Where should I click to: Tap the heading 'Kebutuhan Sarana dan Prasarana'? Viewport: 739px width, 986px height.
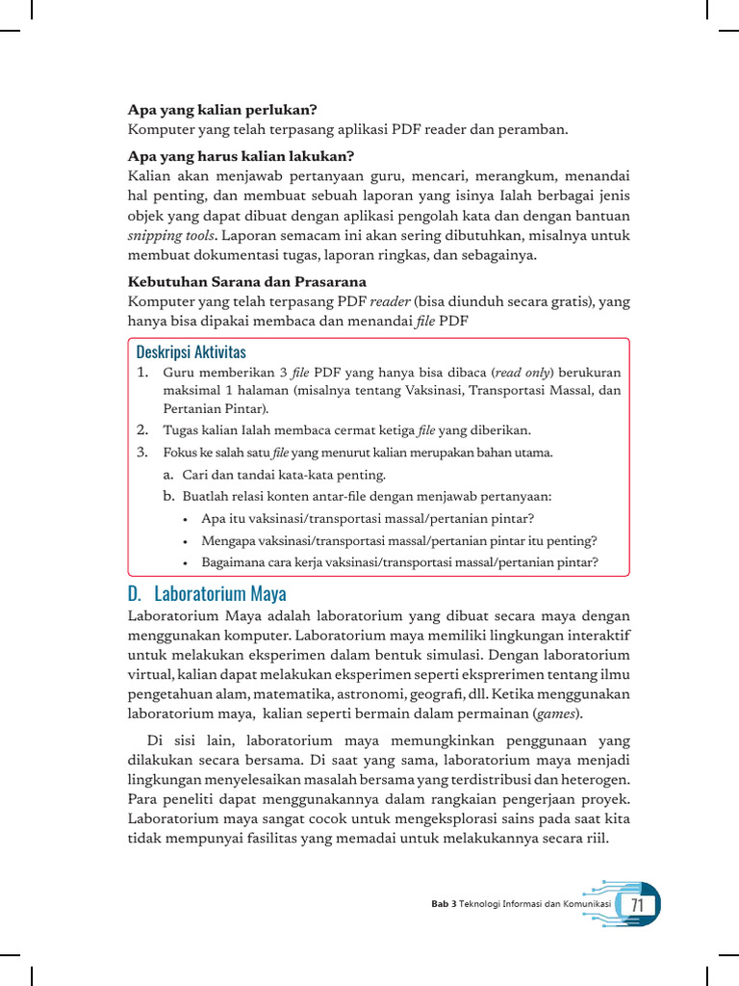tap(247, 282)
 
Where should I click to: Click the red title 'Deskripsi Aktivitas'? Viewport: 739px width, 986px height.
tap(191, 352)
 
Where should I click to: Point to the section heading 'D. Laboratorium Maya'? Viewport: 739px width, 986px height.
tap(207, 593)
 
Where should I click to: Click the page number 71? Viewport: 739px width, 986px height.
tap(637, 906)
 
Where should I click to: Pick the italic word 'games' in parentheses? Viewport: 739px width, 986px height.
tap(556, 714)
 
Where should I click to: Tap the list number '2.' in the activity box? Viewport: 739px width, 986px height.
tap(141, 429)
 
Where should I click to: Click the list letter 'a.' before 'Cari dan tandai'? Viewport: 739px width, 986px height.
tap(168, 475)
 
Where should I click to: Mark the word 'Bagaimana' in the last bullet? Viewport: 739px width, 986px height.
tap(234, 562)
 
